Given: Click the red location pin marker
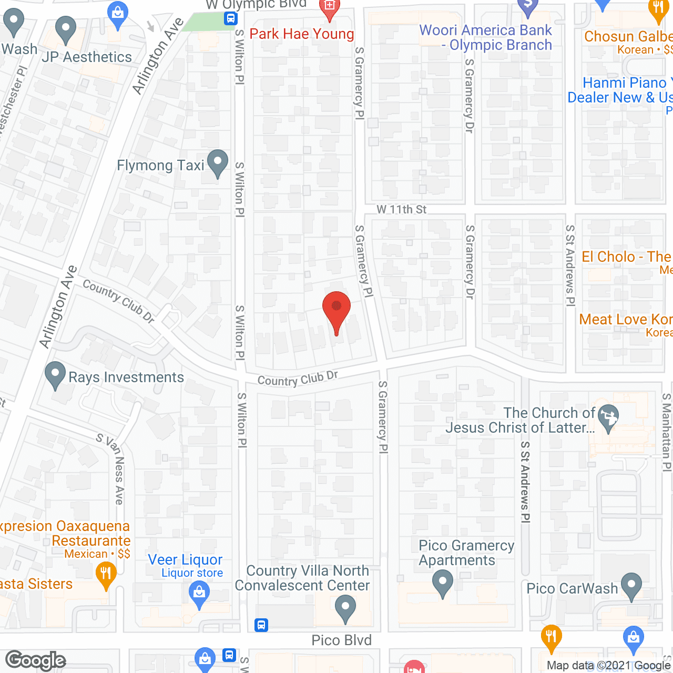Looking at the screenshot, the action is tap(336, 310).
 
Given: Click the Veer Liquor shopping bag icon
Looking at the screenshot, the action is tap(199, 595).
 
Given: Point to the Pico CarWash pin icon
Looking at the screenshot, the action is tap(631, 585).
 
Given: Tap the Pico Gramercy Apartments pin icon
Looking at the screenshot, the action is tap(442, 583).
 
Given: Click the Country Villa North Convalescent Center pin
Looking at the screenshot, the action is tap(345, 608).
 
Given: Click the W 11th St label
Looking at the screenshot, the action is tap(401, 209).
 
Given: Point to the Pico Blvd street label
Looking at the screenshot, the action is tap(342, 640).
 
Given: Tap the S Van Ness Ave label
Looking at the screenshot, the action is tap(111, 468).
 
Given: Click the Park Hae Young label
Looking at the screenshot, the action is tap(302, 34).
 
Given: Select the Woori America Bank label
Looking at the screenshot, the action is tap(486, 37).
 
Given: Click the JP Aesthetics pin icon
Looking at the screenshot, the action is tap(65, 29).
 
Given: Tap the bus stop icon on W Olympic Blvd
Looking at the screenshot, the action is tap(230, 19).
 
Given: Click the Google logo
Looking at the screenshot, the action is tap(35, 660).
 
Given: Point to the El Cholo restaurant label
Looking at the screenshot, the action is tap(626, 257).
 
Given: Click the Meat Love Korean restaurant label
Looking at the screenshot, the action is tap(625, 320).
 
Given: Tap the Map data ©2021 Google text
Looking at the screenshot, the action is tap(608, 665).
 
